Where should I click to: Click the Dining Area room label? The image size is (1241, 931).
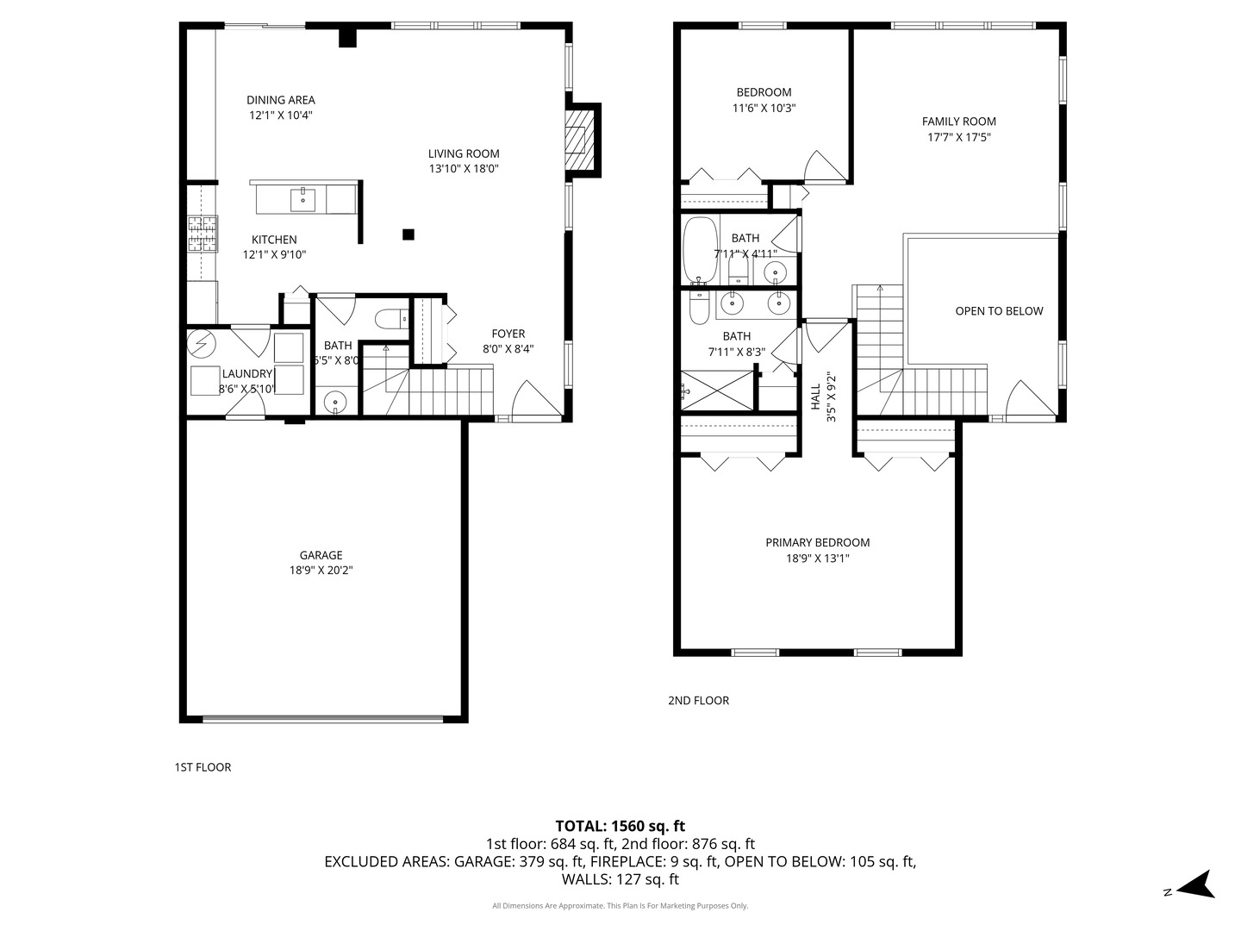point(280,100)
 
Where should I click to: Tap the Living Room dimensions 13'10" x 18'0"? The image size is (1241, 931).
point(464,169)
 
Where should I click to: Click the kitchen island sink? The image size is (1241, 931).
point(302,199)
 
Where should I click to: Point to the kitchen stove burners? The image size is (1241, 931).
point(203,234)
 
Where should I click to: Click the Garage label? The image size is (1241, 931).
point(321,555)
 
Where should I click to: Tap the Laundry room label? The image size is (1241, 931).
point(246,373)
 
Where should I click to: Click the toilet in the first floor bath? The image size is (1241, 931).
point(393,319)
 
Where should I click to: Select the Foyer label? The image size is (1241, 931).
point(508,334)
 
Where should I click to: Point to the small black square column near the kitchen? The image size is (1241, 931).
point(408,234)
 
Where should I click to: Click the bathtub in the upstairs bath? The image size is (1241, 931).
point(698,250)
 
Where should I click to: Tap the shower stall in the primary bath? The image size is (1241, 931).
point(717,391)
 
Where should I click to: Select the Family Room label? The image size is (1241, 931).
point(958,122)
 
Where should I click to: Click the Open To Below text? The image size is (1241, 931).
point(999,311)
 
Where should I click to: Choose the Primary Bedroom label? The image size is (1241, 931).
point(817,542)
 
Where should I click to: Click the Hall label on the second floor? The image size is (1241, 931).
point(815,397)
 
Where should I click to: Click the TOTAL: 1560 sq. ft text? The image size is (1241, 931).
point(620,826)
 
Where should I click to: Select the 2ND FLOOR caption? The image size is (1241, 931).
point(698,701)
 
